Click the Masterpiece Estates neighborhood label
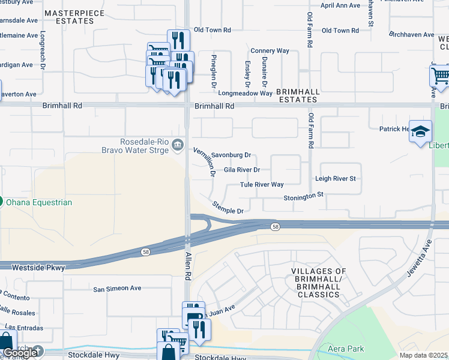click(x=83, y=16)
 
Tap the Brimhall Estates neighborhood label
click(x=298, y=97)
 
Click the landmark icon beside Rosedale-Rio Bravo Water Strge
click(x=178, y=145)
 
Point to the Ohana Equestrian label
click(x=40, y=202)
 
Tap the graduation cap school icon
click(x=421, y=131)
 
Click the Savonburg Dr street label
click(x=231, y=155)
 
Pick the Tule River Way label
click(x=262, y=185)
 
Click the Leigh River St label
click(x=336, y=179)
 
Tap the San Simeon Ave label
click(x=117, y=288)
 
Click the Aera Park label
click(x=346, y=349)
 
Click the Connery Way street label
click(x=270, y=51)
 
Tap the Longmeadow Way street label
click(x=245, y=93)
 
